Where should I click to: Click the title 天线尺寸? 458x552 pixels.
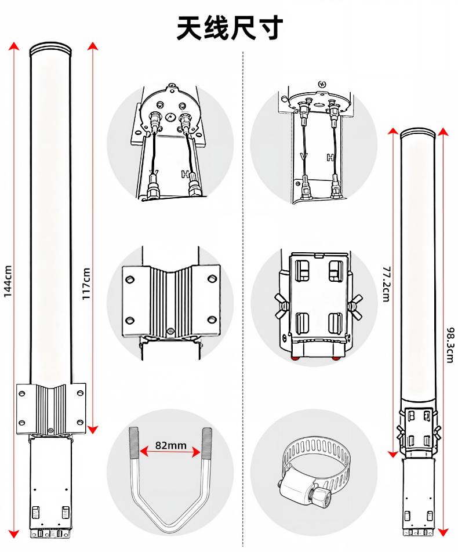[230, 27]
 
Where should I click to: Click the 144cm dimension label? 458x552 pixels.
[8, 281]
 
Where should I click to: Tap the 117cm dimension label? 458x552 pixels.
[86, 284]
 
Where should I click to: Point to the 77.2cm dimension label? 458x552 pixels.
[386, 284]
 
